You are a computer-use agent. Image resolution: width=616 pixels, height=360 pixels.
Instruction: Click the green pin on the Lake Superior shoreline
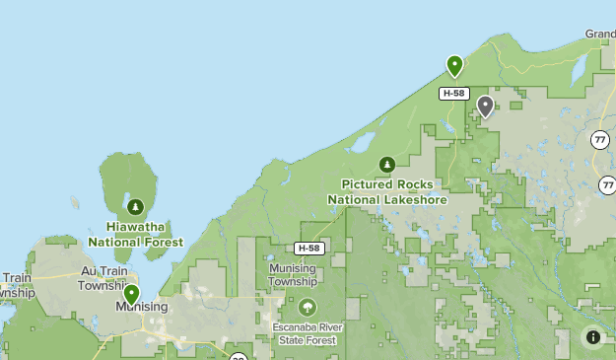[x=454, y=65]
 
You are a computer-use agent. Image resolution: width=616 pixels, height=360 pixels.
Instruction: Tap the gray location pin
[x=485, y=106]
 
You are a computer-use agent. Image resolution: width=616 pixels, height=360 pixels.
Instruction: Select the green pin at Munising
[x=131, y=294]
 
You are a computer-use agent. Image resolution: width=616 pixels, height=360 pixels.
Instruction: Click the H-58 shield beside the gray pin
[x=452, y=93]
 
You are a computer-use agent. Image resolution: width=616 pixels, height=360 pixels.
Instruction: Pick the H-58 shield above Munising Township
[x=308, y=248]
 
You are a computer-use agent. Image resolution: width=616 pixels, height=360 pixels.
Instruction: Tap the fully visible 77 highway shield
[x=600, y=139]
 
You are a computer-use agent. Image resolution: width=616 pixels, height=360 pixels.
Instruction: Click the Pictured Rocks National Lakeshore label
[x=387, y=191]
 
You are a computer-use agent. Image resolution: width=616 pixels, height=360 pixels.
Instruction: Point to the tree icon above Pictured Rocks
[x=387, y=165]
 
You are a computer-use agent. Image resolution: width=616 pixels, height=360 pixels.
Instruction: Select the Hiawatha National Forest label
[x=135, y=234]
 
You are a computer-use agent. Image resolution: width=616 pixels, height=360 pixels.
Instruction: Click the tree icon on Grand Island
[x=135, y=207]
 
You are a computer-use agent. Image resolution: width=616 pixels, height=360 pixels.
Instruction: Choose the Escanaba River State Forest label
[x=306, y=333]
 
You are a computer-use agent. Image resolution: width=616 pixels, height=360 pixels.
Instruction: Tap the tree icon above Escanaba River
[x=308, y=307]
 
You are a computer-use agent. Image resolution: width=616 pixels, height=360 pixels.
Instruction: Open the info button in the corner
[x=592, y=336]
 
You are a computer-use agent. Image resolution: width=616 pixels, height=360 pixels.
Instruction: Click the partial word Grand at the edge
[x=600, y=34]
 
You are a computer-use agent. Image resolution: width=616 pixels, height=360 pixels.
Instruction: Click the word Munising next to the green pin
[x=142, y=307]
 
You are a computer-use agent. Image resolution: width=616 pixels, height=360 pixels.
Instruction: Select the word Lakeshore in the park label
[x=412, y=199]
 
